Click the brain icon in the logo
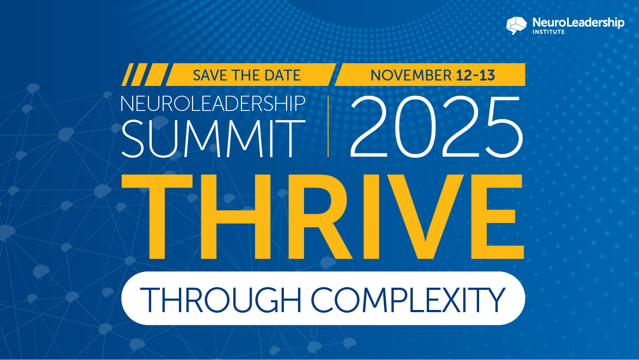pos(517,25)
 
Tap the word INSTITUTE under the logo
pos(549,32)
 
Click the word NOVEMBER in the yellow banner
pos(411,76)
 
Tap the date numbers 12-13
pos(475,76)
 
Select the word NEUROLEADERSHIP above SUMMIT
pos(213,103)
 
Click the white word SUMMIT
pos(213,139)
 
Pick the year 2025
pos(436,127)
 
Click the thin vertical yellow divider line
pos(328,126)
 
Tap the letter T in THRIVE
pos(157,216)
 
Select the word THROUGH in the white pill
pos(220,300)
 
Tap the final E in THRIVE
pos(498,216)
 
